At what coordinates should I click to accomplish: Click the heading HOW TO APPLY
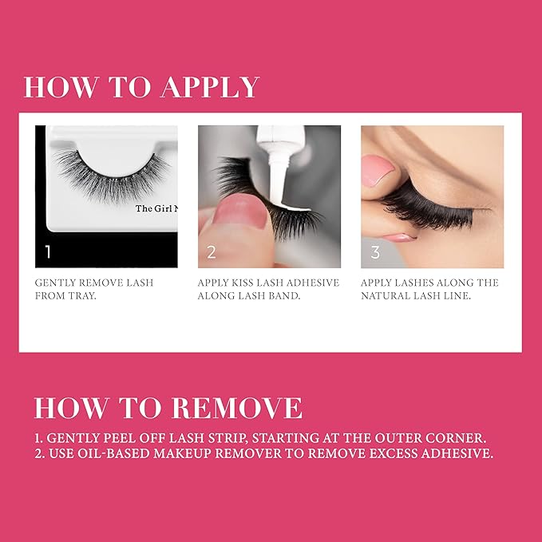pos(141,87)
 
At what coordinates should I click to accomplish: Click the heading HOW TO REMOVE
pos(168,408)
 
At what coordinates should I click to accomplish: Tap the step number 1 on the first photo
pos(48,252)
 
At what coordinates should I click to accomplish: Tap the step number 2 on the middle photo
pos(212,252)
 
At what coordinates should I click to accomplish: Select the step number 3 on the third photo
pos(375,252)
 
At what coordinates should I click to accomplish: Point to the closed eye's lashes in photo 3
pos(447,209)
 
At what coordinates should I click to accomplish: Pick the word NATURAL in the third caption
pos(390,295)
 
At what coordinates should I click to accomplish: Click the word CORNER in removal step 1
pos(458,437)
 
